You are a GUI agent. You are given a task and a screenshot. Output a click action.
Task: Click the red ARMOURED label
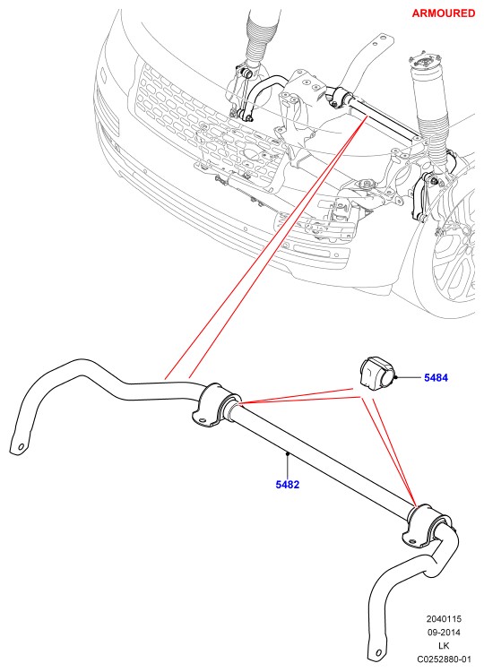point(444,13)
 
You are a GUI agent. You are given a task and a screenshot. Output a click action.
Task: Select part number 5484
point(436,377)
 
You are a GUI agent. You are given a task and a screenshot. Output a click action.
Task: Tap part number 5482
point(287,485)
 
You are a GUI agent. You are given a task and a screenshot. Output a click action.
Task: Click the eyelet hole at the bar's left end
point(20,446)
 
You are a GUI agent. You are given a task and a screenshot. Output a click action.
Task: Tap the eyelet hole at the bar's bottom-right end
point(378,652)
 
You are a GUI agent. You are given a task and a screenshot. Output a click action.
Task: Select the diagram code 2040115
point(444,619)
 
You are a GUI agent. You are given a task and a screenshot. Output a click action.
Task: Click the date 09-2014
point(444,633)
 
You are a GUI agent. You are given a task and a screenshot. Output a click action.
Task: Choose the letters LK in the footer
point(444,645)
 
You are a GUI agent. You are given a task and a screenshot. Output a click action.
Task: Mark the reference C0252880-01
point(444,659)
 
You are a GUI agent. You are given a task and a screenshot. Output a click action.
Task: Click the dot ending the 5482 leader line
point(287,452)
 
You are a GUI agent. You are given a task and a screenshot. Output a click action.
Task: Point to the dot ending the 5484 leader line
point(397,377)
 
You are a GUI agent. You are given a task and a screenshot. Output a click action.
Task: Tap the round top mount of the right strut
point(427,59)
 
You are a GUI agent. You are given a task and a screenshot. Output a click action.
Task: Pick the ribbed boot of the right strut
point(433,116)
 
